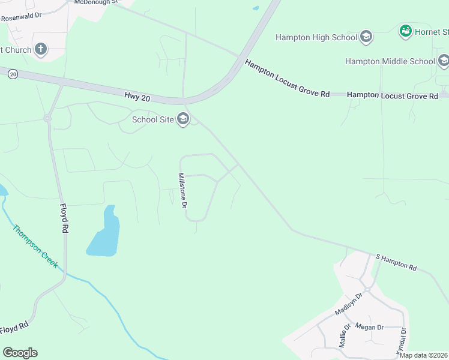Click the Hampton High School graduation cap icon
tap(366, 37)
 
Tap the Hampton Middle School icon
tap(443, 61)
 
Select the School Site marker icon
tap(183, 119)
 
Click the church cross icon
tap(41, 49)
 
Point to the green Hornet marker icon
tap(405, 31)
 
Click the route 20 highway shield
tap(13, 74)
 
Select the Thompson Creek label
tap(35, 246)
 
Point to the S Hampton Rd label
tap(396, 261)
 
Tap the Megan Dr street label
tap(369, 327)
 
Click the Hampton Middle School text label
tap(390, 61)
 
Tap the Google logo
tap(20, 352)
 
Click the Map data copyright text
tap(424, 355)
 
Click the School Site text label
tap(153, 119)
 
